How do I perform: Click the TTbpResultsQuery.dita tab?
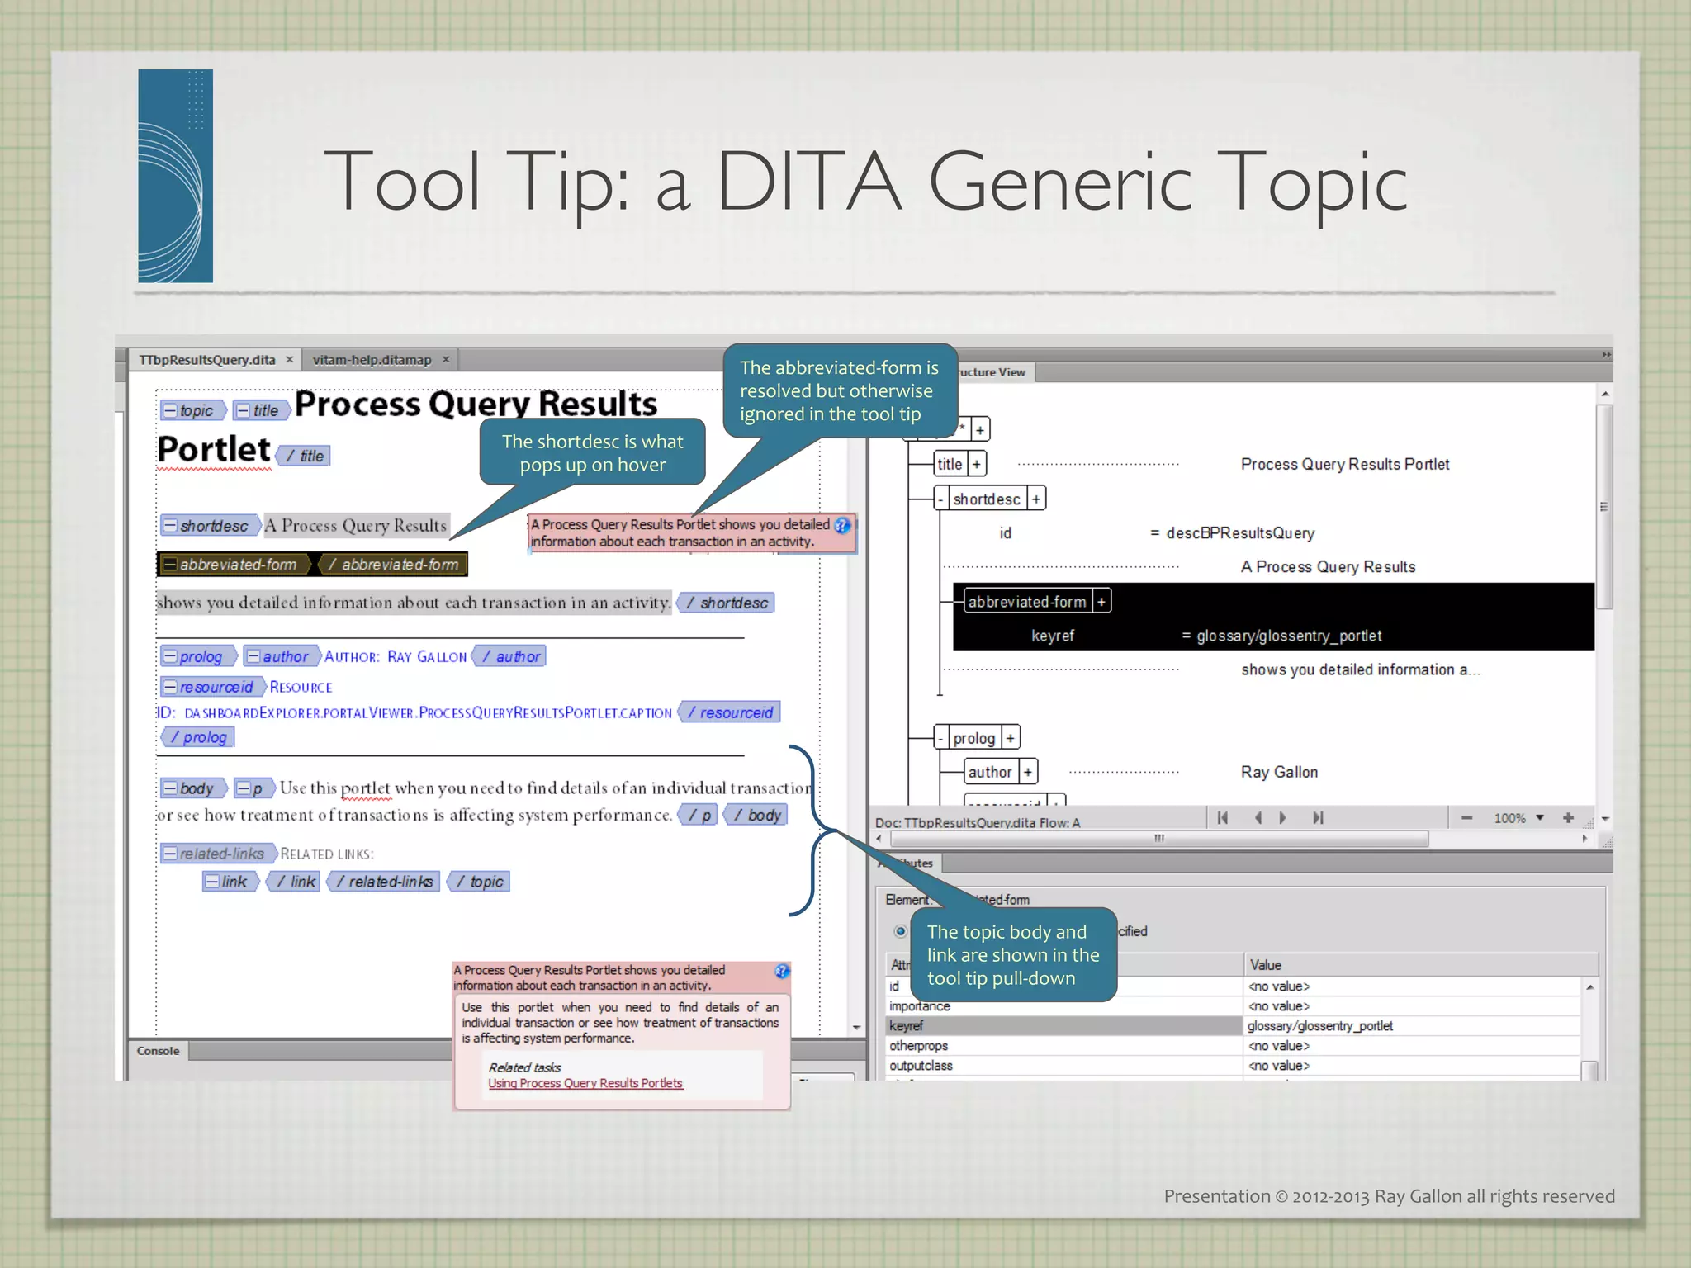[x=206, y=360]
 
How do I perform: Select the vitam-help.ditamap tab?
[x=372, y=360]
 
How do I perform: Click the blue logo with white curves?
[x=175, y=176]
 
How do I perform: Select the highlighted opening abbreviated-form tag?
[x=232, y=565]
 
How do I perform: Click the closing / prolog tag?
[x=198, y=737]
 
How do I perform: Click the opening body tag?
[x=191, y=788]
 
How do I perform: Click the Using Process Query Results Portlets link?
[x=585, y=1083]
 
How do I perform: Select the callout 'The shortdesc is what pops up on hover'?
[x=592, y=453]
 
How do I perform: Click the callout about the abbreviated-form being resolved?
[x=839, y=390]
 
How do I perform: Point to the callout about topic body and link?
[x=1012, y=955]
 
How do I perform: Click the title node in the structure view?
[x=950, y=464]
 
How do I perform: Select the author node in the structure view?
[x=989, y=772]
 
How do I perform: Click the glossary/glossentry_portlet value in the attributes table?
[x=1319, y=1026]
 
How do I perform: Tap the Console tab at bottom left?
[x=158, y=1051]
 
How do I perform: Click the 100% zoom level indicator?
[x=1509, y=818]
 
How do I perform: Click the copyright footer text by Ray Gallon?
[x=1389, y=1196]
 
